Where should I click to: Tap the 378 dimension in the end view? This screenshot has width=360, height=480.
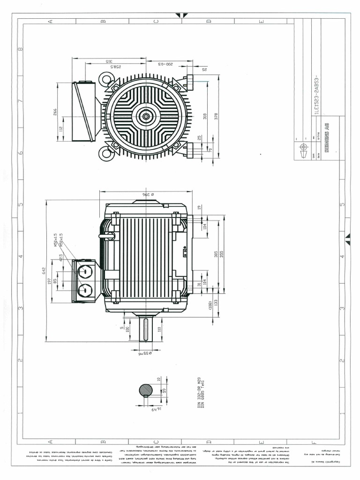pyautogui.click(x=215, y=116)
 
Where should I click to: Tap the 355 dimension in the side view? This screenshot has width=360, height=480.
pyautogui.click(x=222, y=254)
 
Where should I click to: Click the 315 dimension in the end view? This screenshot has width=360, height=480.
pyautogui.click(x=109, y=61)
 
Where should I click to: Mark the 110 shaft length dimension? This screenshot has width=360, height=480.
pyautogui.click(x=159, y=330)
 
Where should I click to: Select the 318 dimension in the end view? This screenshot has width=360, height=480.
pyautogui.click(x=205, y=116)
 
